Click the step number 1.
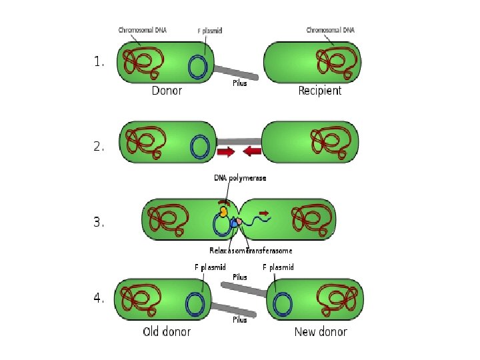[x=99, y=62]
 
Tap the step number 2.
[x=99, y=147]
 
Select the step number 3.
[x=99, y=223]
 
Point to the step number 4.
[x=99, y=299]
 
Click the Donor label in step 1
[x=167, y=91]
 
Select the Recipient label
[x=319, y=91]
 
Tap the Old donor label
[x=167, y=331]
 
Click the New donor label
[x=321, y=331]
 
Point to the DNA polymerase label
[x=239, y=178]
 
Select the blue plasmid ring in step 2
[x=199, y=147]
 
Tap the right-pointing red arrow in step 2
[x=226, y=152]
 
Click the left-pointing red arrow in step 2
[x=252, y=152]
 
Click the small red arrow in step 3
[x=263, y=213]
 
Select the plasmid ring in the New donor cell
[x=283, y=304]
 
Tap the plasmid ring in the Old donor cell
[x=195, y=304]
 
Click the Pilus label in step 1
[x=239, y=83]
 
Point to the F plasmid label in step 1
[x=210, y=31]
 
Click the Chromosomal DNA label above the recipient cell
[x=330, y=30]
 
